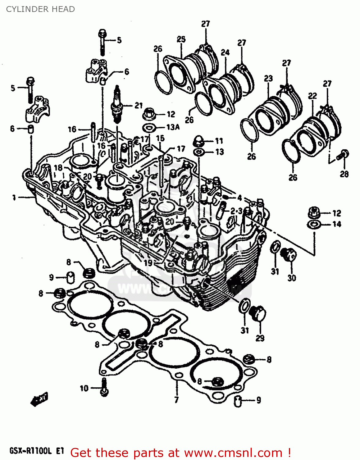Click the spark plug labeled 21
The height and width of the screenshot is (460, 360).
116,104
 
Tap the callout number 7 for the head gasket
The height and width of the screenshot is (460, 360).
176,400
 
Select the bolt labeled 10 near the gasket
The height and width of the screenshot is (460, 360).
104,388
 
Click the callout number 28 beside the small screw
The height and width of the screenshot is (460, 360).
344,174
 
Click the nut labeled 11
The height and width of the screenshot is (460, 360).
198,141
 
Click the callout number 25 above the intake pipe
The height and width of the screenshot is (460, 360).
181,39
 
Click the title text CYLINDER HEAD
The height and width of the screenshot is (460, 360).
40,9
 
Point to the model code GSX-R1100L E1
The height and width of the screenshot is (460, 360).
36,451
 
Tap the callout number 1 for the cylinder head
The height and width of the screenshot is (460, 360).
14,197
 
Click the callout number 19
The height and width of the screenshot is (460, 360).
148,263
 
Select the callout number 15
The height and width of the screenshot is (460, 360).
160,138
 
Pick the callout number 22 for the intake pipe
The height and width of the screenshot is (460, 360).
312,96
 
